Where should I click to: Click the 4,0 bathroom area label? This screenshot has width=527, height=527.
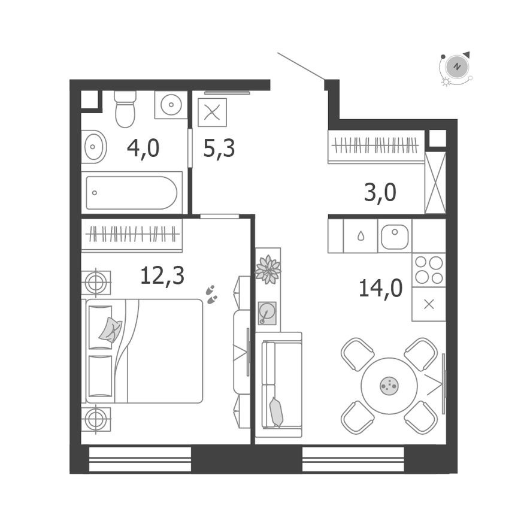point(143,148)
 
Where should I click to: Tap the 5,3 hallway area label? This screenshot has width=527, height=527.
point(219,148)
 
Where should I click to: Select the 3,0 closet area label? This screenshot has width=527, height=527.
point(380,193)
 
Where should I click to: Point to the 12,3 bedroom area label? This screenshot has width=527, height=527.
point(162,275)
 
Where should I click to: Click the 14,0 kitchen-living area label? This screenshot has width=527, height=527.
point(380,288)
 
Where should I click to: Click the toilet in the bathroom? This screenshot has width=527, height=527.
point(125,110)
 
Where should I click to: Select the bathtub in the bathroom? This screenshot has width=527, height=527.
point(132,192)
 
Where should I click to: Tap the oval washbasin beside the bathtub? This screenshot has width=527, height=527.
point(93,146)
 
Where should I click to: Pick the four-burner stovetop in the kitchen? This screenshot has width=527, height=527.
point(429,269)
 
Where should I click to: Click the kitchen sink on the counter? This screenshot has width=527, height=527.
point(394,237)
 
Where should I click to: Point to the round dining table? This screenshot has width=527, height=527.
point(389,386)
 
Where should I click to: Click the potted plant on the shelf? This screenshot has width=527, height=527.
point(268,269)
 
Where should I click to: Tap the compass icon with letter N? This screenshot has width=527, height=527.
point(456,67)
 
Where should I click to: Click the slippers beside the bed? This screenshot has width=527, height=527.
point(211,293)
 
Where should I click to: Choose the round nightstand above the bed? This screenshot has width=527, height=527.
point(96,281)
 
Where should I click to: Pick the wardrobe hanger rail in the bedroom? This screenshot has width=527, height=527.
point(132,234)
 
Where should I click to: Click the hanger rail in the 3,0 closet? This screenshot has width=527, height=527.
point(375,146)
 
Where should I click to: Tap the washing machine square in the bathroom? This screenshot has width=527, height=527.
point(171,105)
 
